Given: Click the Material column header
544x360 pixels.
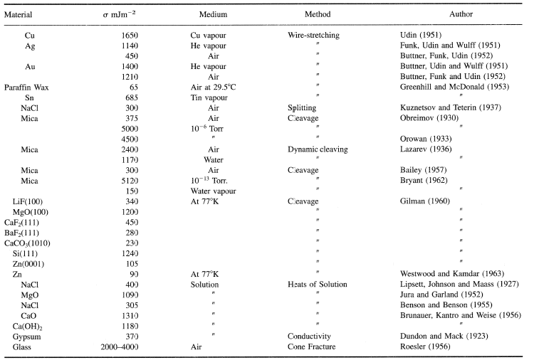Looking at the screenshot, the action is tap(18, 14).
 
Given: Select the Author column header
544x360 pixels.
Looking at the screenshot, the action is tap(461, 14).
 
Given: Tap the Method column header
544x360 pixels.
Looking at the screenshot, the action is tap(318, 14).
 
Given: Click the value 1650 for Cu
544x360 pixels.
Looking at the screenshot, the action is tap(130, 36).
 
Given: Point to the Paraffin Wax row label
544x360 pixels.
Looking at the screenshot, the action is tap(26, 88).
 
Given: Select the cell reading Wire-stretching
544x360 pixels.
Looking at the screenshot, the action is tap(313, 35).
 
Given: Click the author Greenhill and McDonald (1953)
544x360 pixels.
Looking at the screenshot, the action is tap(454, 87).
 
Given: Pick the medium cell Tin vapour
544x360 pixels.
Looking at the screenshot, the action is tap(209, 97).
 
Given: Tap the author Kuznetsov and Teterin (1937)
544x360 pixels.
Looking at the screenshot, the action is tap(451, 107).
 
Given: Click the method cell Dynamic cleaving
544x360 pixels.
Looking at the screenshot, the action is tap(318, 149).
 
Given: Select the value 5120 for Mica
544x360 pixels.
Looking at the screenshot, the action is tap(130, 181).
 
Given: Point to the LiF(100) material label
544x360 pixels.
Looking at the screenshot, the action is tap(27, 202).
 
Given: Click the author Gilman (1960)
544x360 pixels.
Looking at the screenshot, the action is tap(425, 201).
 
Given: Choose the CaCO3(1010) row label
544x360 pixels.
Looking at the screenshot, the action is tap(27, 243).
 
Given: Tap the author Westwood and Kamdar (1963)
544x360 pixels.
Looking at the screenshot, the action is tap(452, 274).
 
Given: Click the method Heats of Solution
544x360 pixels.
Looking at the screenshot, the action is tap(318, 285).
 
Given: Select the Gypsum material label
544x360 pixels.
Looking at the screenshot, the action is tap(27, 337).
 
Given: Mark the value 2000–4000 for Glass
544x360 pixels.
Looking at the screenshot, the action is tap(120, 347).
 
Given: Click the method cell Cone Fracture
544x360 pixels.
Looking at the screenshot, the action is tap(312, 346).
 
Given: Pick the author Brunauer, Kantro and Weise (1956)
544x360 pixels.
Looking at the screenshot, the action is tap(461, 316).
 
